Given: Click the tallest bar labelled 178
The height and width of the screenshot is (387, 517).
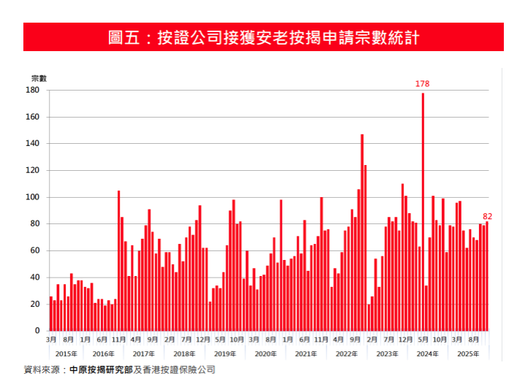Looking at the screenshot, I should click(x=423, y=212).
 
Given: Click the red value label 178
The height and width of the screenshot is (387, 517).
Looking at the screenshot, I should click(x=422, y=84).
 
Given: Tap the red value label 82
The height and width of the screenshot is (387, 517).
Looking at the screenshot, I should click(x=488, y=216).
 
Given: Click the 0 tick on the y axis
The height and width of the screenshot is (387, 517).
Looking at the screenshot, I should click(x=37, y=332).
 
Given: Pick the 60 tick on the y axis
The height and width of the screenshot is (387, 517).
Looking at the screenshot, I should click(x=34, y=251).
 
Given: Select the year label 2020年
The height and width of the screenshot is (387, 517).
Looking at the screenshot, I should click(x=265, y=354).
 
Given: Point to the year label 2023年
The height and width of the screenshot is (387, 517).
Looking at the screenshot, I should click(x=386, y=354).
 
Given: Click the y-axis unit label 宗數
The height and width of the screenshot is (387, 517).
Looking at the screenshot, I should click(x=39, y=78).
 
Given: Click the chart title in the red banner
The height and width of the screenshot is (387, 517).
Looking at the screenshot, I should click(x=263, y=37).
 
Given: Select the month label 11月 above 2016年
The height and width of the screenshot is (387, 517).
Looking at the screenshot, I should click(x=119, y=340).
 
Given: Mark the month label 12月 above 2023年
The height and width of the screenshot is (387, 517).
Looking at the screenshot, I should click(x=406, y=340).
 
